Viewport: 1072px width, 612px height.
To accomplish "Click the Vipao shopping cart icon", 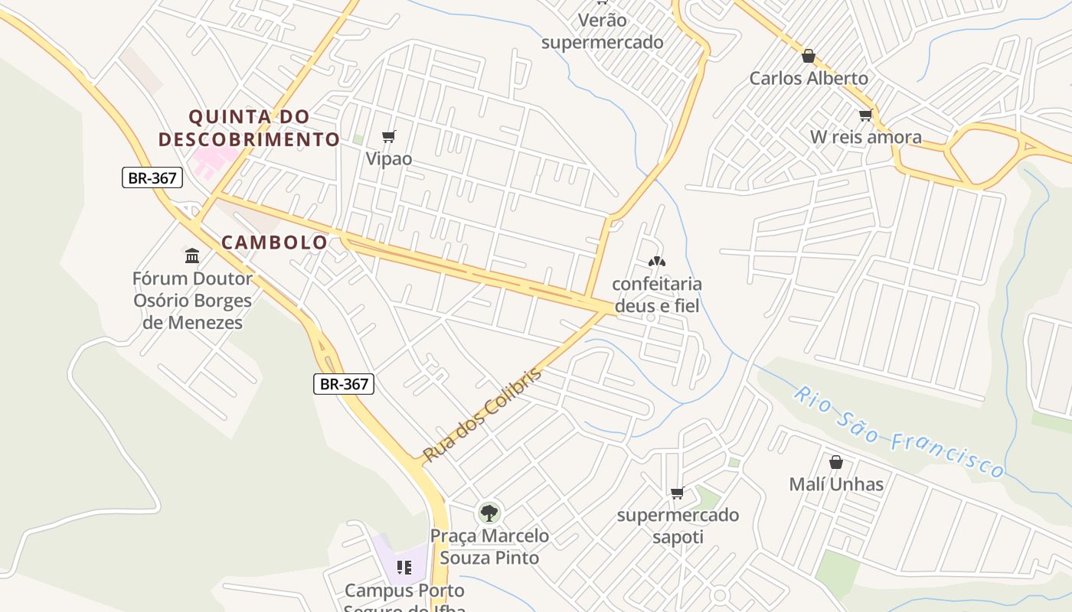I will click(389, 137).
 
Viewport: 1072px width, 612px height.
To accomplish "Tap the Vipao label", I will click(389, 159).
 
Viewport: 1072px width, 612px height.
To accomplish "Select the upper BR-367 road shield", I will click(152, 178).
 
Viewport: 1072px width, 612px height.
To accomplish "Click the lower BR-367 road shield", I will click(344, 384).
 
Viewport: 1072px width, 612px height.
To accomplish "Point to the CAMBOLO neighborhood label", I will click(275, 243).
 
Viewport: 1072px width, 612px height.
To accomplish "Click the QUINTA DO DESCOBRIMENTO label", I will click(249, 128).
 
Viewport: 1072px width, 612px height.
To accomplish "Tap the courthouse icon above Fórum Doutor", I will click(192, 255).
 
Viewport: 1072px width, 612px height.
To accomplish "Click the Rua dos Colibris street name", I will click(482, 415).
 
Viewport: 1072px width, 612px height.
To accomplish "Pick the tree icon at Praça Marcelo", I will click(489, 513).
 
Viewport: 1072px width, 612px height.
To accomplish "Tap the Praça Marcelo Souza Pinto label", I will click(489, 547).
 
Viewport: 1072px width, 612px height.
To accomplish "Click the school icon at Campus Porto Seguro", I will click(404, 568).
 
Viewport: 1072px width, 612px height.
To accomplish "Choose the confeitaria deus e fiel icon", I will click(656, 262).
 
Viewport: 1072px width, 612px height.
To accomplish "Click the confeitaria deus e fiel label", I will click(656, 295).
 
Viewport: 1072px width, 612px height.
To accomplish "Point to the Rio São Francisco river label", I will click(898, 432).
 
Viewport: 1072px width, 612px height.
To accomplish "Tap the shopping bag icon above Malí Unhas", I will click(836, 462).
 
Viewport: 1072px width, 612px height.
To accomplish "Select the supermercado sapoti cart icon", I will click(677, 493).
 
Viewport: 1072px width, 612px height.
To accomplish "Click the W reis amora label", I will click(866, 138).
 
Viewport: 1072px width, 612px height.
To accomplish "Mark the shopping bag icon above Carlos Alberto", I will click(808, 56).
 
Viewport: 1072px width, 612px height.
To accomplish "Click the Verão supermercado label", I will click(603, 31).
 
